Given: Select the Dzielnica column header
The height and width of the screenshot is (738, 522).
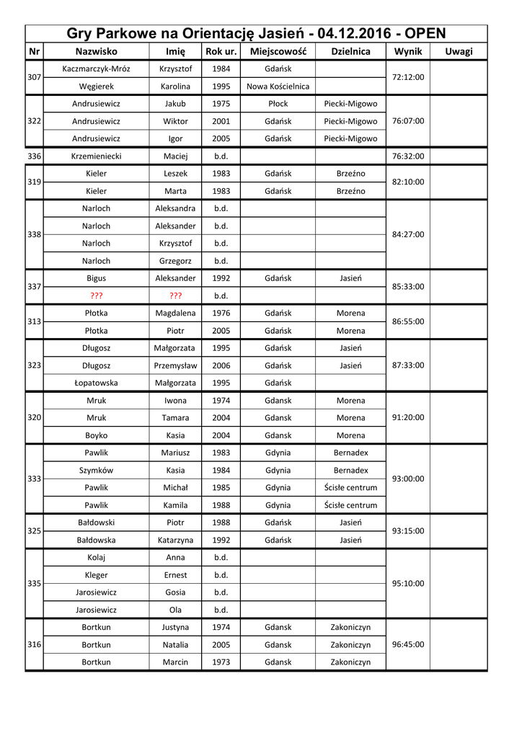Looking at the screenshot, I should coord(350,52).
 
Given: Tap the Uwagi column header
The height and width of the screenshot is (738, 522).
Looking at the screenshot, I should coord(459,52).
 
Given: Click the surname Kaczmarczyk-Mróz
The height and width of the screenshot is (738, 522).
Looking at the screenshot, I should coord(97,69).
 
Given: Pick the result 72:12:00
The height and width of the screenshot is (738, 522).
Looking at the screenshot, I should coord(408,78).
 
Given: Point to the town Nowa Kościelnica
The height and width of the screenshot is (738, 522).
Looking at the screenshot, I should coord(278,86).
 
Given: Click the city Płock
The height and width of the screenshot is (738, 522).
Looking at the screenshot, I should coord(278,104).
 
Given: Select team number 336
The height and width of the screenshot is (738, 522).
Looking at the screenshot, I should coord(34,156).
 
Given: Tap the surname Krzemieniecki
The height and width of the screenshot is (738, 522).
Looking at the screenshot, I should coord(97,156).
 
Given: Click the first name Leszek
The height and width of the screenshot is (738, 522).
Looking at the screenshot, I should coord(175,174).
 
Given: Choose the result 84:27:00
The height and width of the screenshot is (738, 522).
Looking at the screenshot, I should coord(408,234).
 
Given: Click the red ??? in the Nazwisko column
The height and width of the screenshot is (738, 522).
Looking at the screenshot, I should coord(97,295).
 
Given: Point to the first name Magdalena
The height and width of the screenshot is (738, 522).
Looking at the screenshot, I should coord(175,313).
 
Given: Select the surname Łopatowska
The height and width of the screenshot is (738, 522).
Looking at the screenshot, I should coord(97,383).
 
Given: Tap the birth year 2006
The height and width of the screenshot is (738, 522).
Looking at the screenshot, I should coord(221,365).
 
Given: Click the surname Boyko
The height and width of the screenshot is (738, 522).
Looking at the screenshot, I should coord(97,435).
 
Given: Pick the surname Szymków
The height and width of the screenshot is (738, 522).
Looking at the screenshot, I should coord(97,470).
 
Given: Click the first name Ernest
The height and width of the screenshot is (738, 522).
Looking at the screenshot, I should coord(175,574).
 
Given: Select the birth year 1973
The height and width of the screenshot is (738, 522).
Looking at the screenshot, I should coord(221,662).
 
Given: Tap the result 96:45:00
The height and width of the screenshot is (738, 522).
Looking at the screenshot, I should coord(408,644).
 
